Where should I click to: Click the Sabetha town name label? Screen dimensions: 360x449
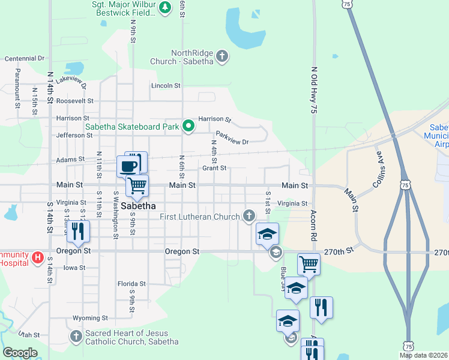(x=139, y=206)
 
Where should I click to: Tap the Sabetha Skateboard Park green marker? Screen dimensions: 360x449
(x=188, y=126)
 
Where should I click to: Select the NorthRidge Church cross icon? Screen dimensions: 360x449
(x=222, y=56)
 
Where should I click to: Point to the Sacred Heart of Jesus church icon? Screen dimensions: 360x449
(x=76, y=336)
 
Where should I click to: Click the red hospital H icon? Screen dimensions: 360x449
(x=37, y=258)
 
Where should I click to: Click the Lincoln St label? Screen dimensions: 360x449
(x=166, y=86)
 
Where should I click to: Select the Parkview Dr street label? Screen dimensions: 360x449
(x=232, y=138)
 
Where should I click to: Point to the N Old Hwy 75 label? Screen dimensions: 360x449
(x=313, y=90)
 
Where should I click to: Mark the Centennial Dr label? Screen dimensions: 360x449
(x=25, y=59)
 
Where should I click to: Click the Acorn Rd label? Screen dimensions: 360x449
(x=313, y=225)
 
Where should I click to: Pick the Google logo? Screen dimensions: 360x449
(x=20, y=353)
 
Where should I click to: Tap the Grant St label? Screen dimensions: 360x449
(x=214, y=168)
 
